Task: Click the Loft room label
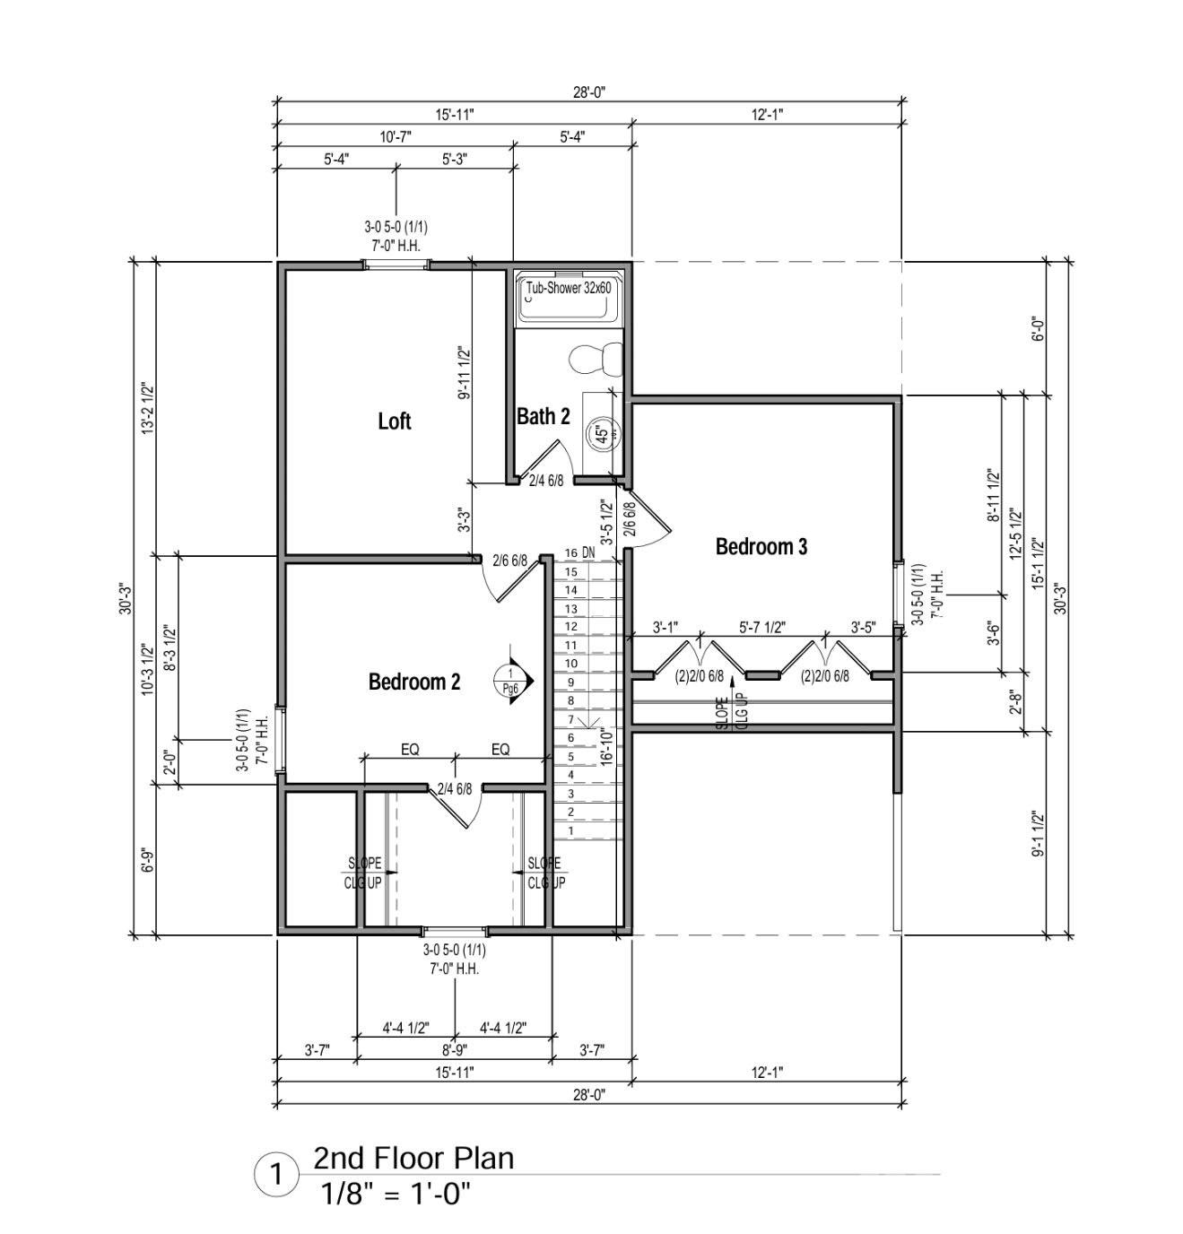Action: [394, 421]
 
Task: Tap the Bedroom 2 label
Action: [414, 682]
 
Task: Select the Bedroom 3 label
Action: [761, 547]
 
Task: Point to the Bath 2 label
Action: [543, 417]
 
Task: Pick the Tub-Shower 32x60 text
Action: [569, 288]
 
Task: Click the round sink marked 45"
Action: [603, 434]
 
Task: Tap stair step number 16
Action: [571, 553]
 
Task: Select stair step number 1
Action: [571, 830]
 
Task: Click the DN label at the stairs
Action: [588, 553]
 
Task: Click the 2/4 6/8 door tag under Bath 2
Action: [546, 481]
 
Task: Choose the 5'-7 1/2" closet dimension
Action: [762, 628]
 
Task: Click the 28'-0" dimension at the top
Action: [589, 92]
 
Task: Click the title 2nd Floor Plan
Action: [413, 1158]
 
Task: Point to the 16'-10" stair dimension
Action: [607, 747]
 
